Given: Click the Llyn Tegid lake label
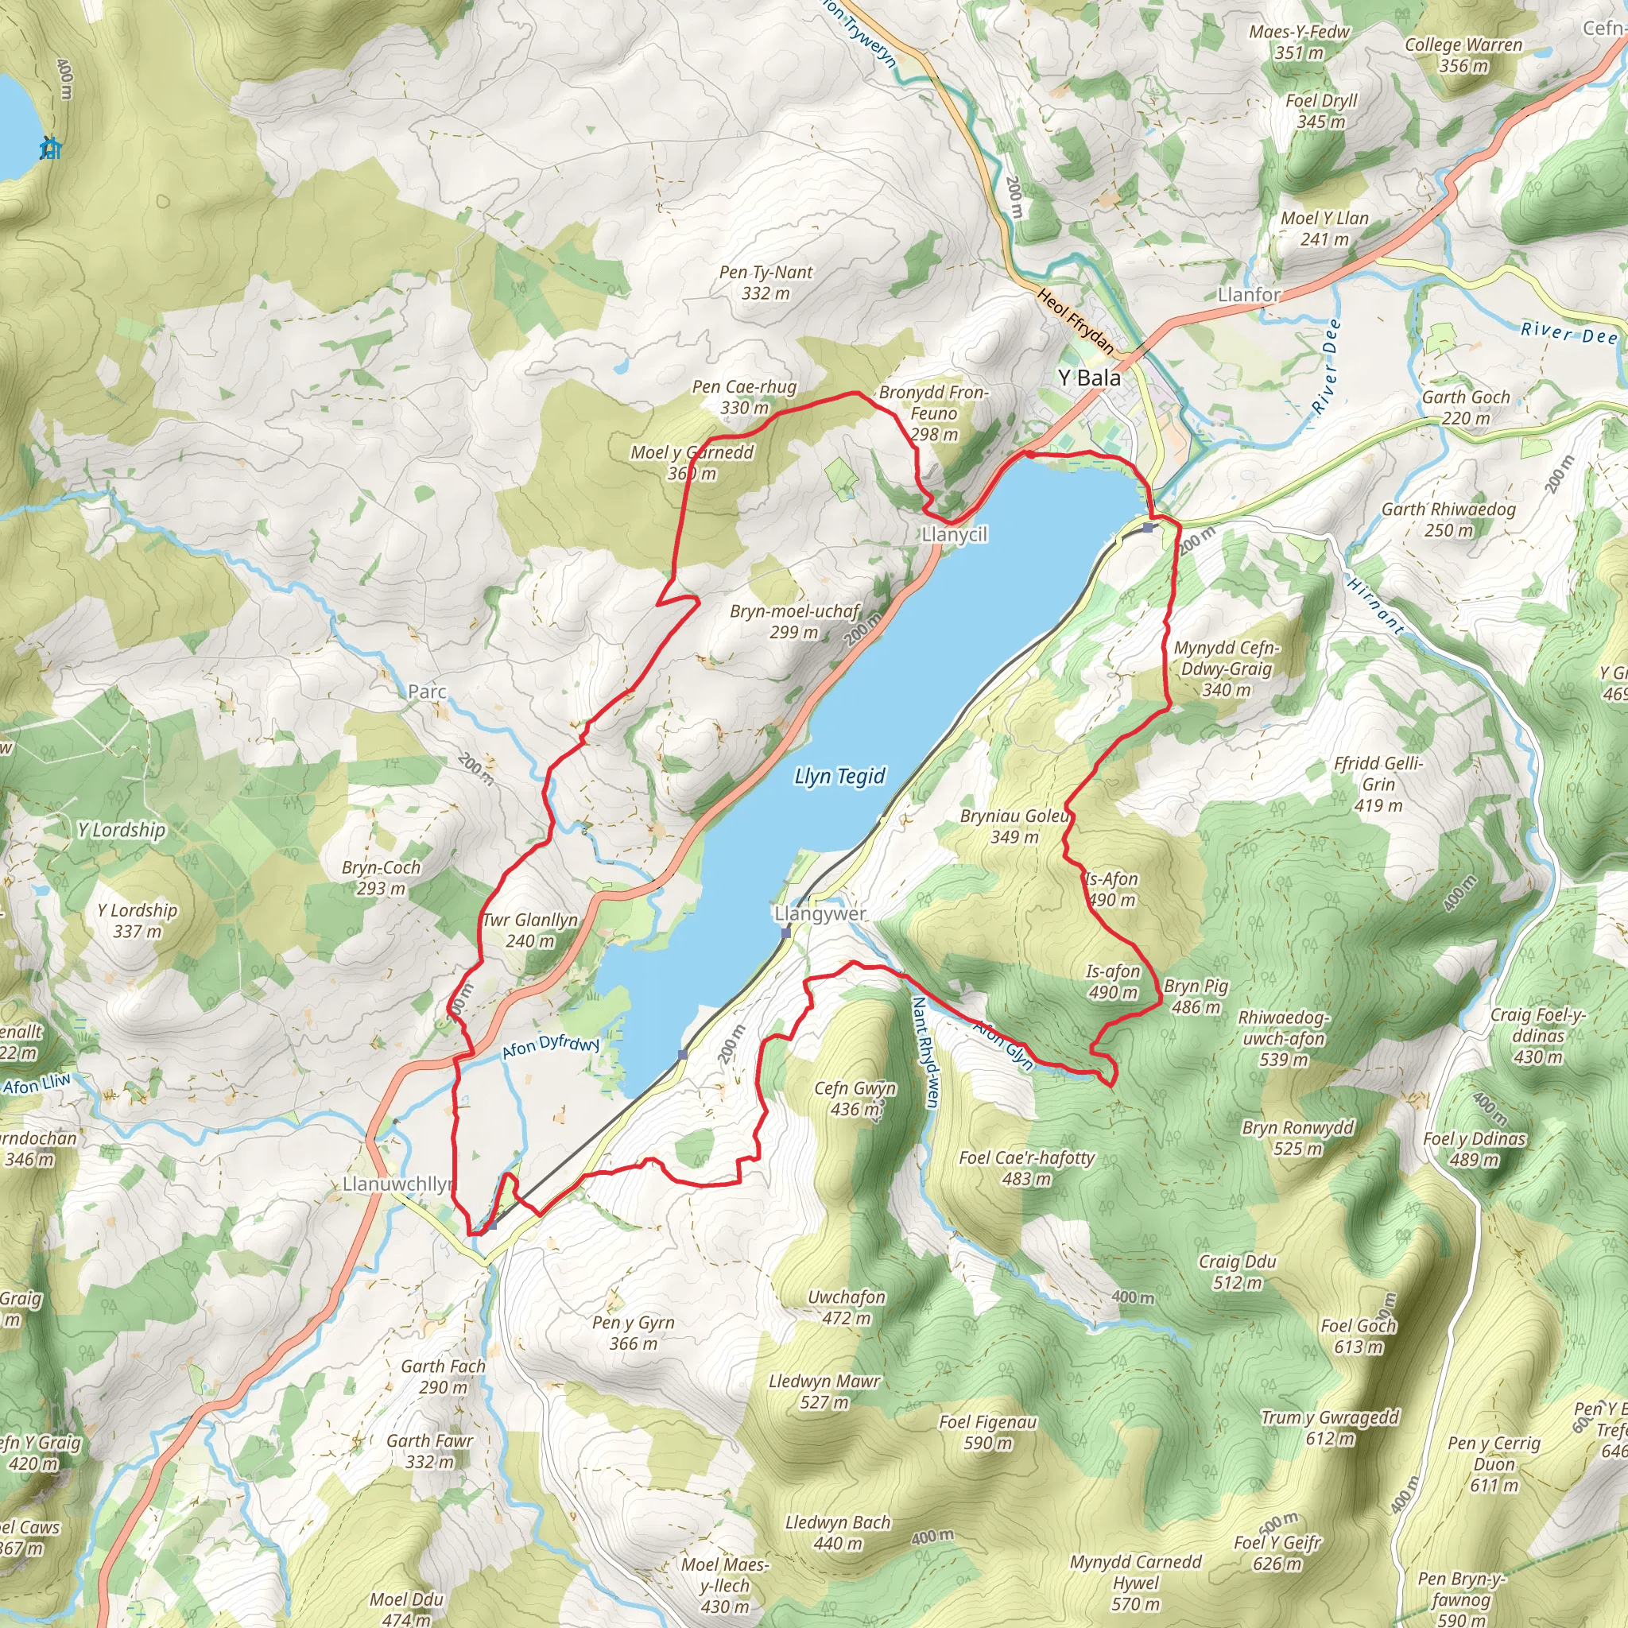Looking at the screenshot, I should pyautogui.click(x=839, y=776).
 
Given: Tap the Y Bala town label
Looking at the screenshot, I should pyautogui.click(x=1090, y=378).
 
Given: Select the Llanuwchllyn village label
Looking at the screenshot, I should pyautogui.click(x=397, y=1184).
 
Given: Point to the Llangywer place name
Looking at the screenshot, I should pyautogui.click(x=820, y=914).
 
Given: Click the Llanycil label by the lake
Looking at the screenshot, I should pyautogui.click(x=954, y=534).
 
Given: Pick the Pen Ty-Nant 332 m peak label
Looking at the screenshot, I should pyautogui.click(x=766, y=282).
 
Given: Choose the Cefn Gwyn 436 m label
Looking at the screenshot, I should pyautogui.click(x=855, y=1099).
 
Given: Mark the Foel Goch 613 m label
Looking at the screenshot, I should pyautogui.click(x=1359, y=1335).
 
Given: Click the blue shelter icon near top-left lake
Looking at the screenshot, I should pyautogui.click(x=52, y=149).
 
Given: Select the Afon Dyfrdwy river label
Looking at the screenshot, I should pyautogui.click(x=550, y=1047).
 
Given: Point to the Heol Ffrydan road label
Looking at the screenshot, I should pyautogui.click(x=1076, y=321).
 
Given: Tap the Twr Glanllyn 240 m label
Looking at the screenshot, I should pyautogui.click(x=530, y=930).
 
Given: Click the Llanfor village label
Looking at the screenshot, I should pyautogui.click(x=1249, y=295).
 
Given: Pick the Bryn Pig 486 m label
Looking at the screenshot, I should pyautogui.click(x=1196, y=996).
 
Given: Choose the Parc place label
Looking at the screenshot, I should pyautogui.click(x=426, y=692).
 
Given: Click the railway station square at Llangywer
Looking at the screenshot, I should pyautogui.click(x=786, y=932).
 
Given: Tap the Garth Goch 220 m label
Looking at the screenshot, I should pyautogui.click(x=1465, y=407).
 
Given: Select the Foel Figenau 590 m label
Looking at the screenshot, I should pyautogui.click(x=987, y=1432).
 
